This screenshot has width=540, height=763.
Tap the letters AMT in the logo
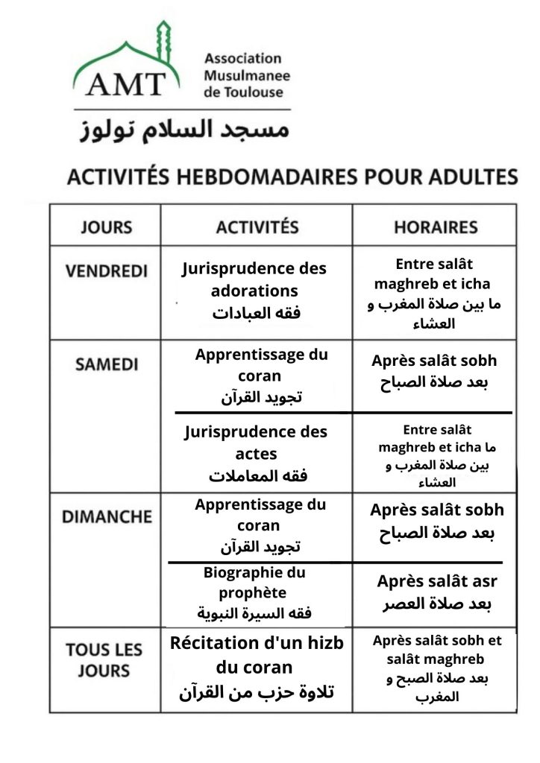click(125, 83)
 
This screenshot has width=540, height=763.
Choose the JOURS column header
click(105, 227)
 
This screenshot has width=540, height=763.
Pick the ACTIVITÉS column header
click(257, 227)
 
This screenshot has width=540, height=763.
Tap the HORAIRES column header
click(435, 227)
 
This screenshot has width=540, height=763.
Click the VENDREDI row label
click(106, 271)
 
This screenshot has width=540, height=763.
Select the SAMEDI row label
click(106, 365)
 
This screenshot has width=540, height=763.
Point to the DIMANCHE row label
click(106, 516)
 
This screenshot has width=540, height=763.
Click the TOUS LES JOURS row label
click(104, 659)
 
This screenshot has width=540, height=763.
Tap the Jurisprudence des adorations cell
click(255, 291)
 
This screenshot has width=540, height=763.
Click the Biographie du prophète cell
click(254, 593)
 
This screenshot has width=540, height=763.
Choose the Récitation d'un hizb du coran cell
click(257, 667)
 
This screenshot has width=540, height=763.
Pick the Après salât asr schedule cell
click(436, 592)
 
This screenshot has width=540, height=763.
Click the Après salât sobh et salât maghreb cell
click(436, 668)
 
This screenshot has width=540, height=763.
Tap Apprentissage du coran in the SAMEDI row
click(261, 376)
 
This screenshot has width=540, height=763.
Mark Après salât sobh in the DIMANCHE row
click(436, 522)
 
